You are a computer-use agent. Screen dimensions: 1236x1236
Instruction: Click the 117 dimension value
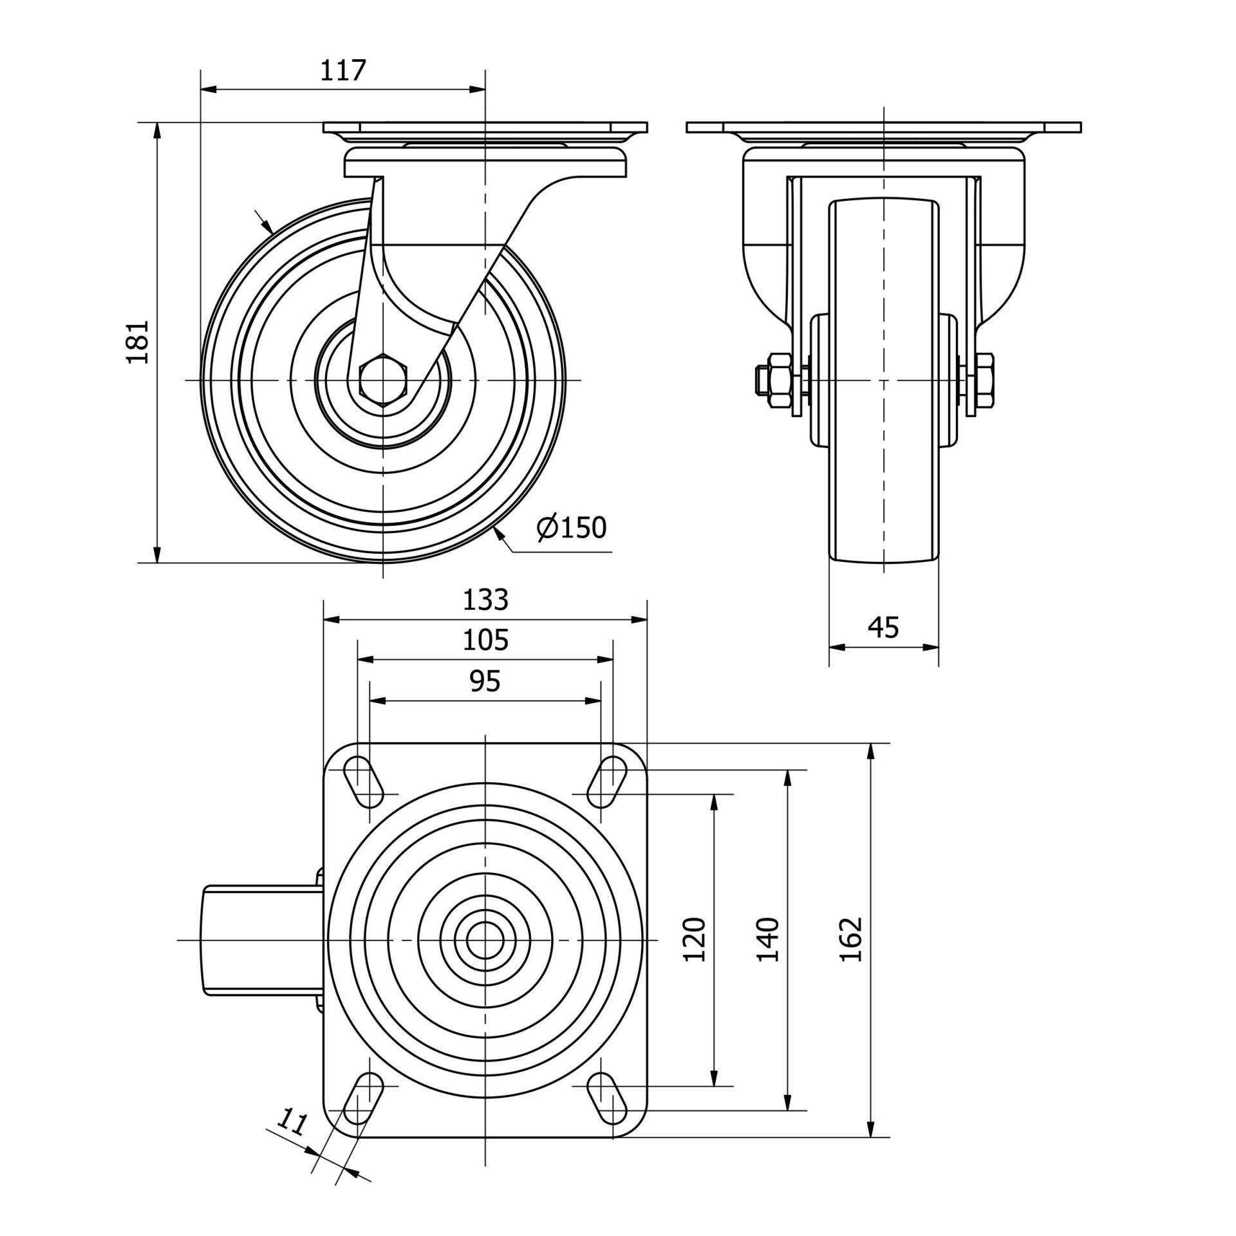click(x=343, y=70)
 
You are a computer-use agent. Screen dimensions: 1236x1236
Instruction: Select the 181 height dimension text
click(x=138, y=342)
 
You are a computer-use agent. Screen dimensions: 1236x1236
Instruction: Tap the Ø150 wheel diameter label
click(x=571, y=528)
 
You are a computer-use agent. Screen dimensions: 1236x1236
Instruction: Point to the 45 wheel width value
click(x=883, y=627)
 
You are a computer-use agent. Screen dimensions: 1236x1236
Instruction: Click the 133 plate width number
click(x=486, y=600)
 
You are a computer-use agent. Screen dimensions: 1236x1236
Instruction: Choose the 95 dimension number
click(x=485, y=681)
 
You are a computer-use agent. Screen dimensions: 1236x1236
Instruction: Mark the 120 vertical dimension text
click(x=695, y=940)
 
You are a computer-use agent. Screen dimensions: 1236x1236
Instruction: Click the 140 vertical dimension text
click(x=768, y=940)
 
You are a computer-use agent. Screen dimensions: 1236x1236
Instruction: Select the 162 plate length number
click(x=851, y=940)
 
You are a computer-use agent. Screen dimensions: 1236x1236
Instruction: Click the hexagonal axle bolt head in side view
click(x=383, y=380)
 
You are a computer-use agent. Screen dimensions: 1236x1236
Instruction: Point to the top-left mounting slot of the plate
click(x=364, y=782)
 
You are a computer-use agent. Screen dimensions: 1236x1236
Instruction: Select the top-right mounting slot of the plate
click(x=607, y=782)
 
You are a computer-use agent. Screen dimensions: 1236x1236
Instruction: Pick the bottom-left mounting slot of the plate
click(x=364, y=1097)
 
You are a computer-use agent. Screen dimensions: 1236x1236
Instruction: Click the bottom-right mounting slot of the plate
click(x=607, y=1097)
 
